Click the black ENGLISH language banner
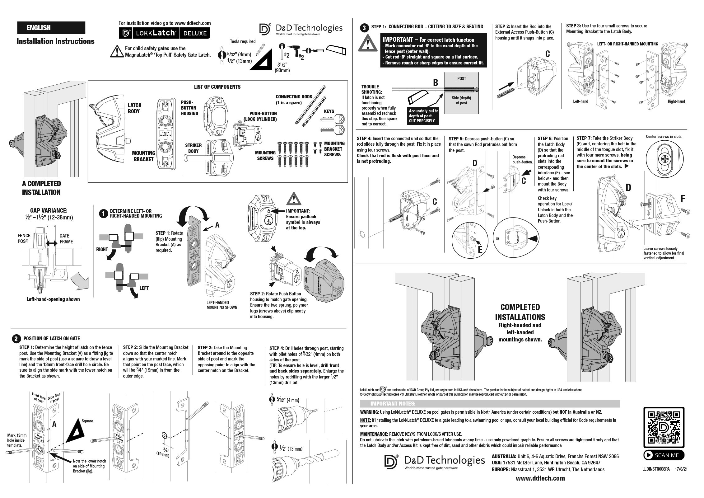point(51,28)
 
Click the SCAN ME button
point(664,455)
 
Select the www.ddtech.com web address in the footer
point(540,478)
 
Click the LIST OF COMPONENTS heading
point(217,87)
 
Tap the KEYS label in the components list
point(329,111)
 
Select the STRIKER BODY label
point(193,148)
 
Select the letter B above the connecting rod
point(436,82)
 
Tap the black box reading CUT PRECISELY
point(423,116)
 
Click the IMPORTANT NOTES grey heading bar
point(490,404)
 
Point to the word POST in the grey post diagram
point(462,78)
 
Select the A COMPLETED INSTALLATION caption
point(41,188)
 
